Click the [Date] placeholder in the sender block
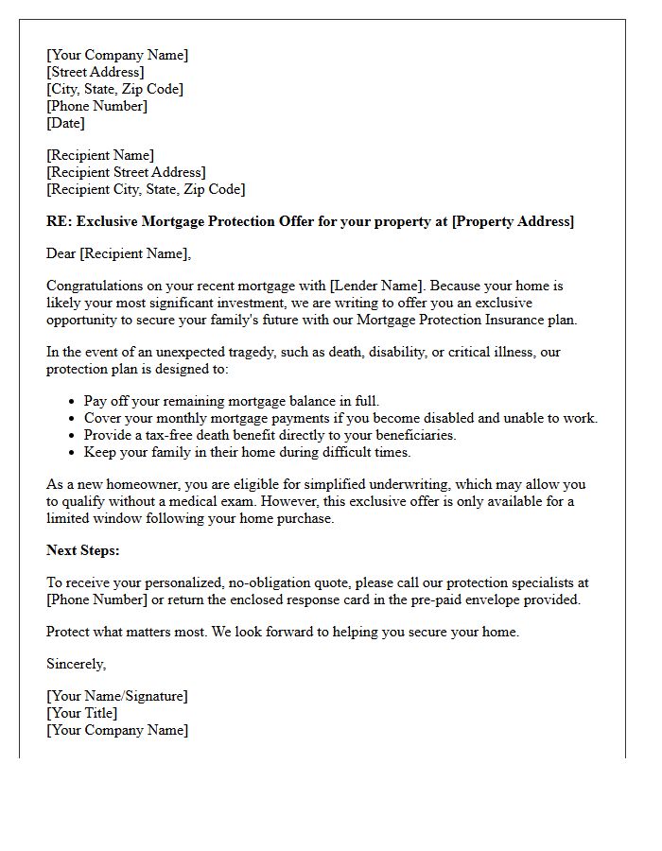(x=65, y=123)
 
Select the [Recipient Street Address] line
(x=126, y=172)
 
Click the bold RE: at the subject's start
(x=59, y=221)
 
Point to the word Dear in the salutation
(x=61, y=252)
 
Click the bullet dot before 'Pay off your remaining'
(x=72, y=401)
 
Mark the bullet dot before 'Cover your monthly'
(x=72, y=418)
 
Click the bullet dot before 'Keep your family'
(x=72, y=452)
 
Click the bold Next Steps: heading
(x=83, y=550)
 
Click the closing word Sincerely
(x=76, y=664)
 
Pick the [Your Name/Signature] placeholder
(x=117, y=696)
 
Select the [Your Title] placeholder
(x=82, y=713)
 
